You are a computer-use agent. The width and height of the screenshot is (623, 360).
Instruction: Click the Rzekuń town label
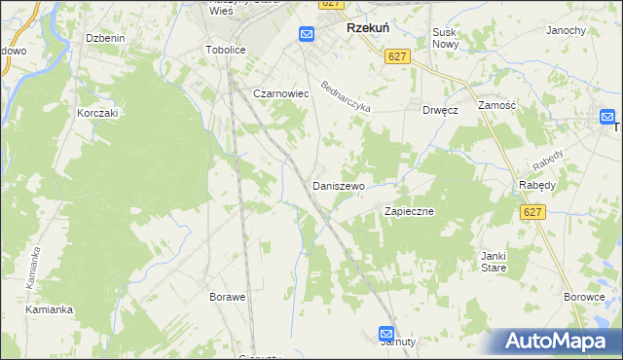(369, 29)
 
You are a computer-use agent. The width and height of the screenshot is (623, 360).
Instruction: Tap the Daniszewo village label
(338, 185)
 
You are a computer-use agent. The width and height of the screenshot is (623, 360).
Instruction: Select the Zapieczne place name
(409, 210)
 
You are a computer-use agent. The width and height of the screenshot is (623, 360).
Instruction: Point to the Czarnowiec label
(280, 93)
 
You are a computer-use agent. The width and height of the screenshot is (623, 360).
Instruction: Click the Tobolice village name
(225, 49)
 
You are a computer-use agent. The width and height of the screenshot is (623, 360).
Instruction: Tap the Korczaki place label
(97, 113)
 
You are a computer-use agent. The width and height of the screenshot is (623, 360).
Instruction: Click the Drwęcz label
(440, 110)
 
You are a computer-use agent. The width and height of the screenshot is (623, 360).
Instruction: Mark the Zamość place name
(496, 103)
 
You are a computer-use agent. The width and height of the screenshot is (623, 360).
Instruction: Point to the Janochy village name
(566, 30)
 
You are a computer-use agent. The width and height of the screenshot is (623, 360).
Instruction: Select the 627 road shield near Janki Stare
(531, 212)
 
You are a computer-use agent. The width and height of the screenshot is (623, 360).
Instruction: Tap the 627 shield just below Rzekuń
(395, 57)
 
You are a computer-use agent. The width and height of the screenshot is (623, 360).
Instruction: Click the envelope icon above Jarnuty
(386, 332)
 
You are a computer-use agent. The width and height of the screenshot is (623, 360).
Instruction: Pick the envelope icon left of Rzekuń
(307, 34)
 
